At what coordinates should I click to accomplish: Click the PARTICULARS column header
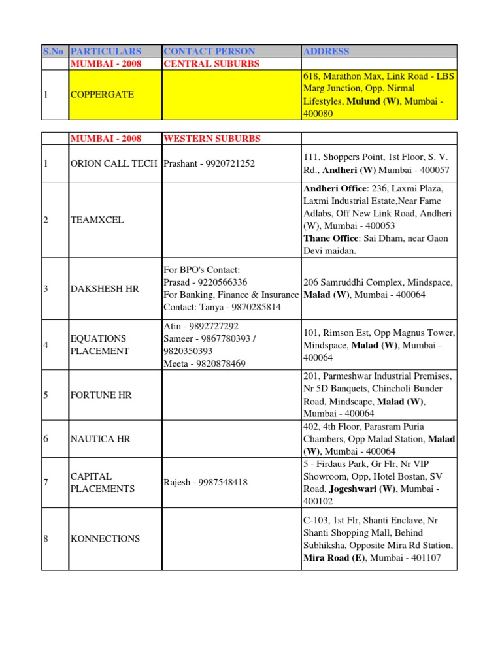(106, 51)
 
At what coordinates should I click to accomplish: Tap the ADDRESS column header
(326, 51)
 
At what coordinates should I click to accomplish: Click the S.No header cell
(50, 51)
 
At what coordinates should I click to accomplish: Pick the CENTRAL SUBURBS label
(211, 63)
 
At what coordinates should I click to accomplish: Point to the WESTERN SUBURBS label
(212, 139)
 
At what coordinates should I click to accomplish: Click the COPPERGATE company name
(102, 95)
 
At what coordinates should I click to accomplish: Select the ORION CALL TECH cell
(114, 163)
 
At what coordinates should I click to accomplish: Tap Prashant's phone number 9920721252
(229, 163)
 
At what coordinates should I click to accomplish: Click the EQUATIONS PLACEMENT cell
(99, 345)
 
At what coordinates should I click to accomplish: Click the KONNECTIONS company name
(105, 539)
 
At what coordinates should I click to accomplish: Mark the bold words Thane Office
(330, 238)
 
